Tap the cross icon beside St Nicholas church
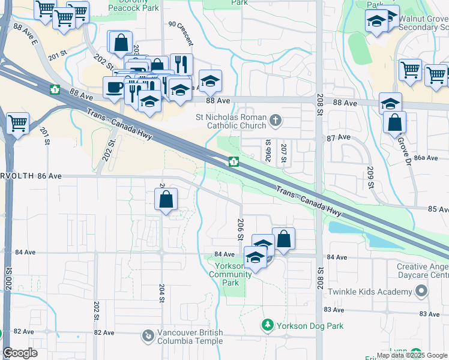276,121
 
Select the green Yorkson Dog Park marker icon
267,325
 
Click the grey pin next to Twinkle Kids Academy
422,292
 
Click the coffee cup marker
115,87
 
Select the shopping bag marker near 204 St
166,199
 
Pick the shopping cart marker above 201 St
17,124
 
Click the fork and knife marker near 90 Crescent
181,64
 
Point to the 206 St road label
240,229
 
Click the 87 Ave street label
339,137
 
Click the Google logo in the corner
20,353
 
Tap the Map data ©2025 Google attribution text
411,355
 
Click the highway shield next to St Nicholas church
234,162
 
